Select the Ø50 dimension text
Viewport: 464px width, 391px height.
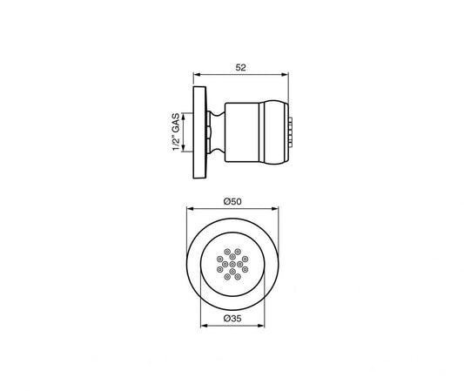click(x=232, y=200)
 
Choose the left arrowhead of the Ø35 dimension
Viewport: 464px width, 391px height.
click(x=205, y=326)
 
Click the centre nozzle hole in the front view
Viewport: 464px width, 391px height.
click(x=232, y=262)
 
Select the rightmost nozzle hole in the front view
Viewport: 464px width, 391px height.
click(x=247, y=262)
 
